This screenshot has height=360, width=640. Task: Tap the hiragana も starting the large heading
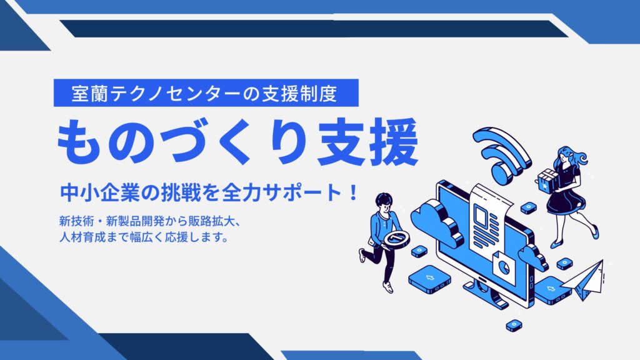[78, 142]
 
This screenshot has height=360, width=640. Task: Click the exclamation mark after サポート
[354, 192]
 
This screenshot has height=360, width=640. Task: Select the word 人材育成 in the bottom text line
[82, 237]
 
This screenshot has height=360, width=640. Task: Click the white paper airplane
[584, 280]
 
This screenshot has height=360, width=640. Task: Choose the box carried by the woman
[547, 180]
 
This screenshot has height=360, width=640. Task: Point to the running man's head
[384, 202]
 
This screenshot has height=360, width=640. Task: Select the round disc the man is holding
[396, 239]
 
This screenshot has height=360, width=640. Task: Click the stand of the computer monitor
[486, 294]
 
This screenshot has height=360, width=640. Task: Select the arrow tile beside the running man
[429, 278]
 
